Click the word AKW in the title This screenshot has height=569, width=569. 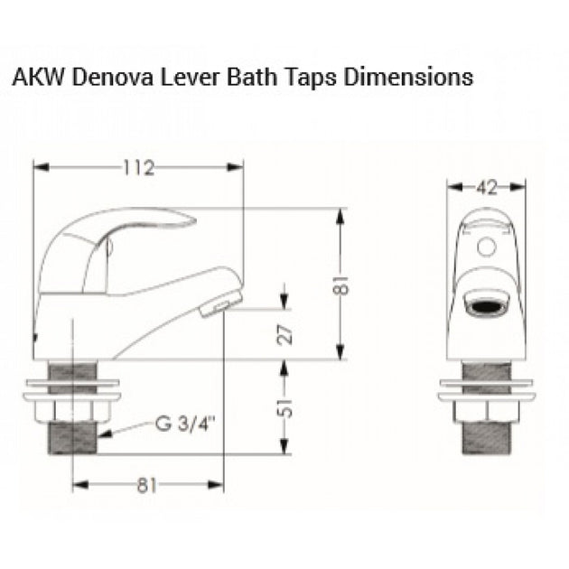click(33, 77)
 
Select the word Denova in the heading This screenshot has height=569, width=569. click(101, 77)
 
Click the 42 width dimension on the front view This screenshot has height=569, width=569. click(487, 188)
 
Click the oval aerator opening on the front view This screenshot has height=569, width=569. click(488, 305)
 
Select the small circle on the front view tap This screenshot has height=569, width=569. click(489, 246)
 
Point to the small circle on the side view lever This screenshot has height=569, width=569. click(110, 242)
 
